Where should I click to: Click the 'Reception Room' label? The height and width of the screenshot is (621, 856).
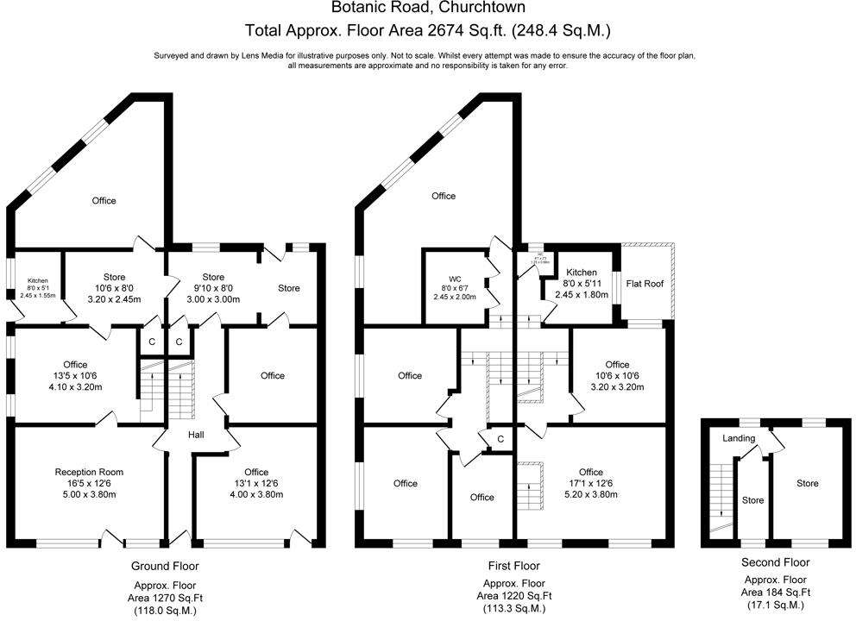pyautogui.click(x=89, y=472)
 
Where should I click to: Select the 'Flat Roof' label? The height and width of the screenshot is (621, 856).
pyautogui.click(x=645, y=283)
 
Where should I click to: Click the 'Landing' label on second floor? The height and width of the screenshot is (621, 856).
pyautogui.click(x=739, y=438)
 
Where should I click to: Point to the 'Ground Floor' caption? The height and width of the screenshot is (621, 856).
pyautogui.click(x=164, y=567)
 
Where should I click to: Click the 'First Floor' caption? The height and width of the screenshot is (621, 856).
pyautogui.click(x=515, y=567)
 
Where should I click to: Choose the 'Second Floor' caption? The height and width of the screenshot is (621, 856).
pyautogui.click(x=775, y=561)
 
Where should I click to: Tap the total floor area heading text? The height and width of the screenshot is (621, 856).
pyautogui.click(x=428, y=31)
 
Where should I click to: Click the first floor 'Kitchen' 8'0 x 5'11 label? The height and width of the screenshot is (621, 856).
pyautogui.click(x=582, y=272)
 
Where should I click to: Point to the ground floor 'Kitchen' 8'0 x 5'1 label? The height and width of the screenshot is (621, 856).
pyautogui.click(x=37, y=281)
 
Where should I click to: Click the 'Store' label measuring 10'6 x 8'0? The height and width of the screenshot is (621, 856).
pyautogui.click(x=115, y=277)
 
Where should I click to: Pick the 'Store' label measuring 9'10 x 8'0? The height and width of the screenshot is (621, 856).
pyautogui.click(x=212, y=277)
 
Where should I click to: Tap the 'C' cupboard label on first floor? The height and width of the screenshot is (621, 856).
pyautogui.click(x=500, y=439)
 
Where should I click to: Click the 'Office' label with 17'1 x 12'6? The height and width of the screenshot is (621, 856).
pyautogui.click(x=590, y=472)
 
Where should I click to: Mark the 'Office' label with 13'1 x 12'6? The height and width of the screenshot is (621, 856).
pyautogui.click(x=255, y=472)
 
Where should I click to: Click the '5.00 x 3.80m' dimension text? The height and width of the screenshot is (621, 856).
pyautogui.click(x=89, y=494)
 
